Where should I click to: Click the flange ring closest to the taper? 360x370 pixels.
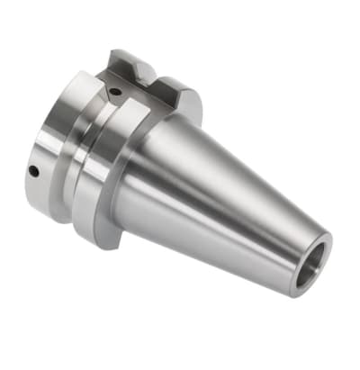click(101, 180)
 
